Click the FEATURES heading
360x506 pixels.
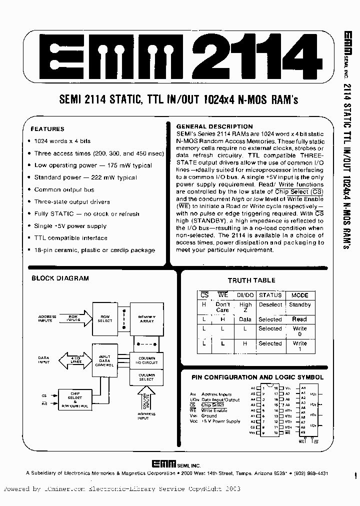pyautogui.click(x=47, y=128)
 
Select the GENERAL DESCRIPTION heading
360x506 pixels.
pyautogui.click(x=214, y=126)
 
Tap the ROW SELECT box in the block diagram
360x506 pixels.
pyautogui.click(x=105, y=318)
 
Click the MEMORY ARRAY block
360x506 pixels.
pyautogui.click(x=146, y=318)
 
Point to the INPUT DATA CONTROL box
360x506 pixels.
pyautogui.click(x=105, y=359)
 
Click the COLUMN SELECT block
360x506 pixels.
pyautogui.click(x=146, y=377)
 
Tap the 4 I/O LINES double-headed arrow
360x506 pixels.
pyautogui.click(x=75, y=358)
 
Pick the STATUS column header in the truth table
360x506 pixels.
pyautogui.click(x=270, y=295)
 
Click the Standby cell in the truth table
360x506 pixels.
pyautogui.click(x=300, y=304)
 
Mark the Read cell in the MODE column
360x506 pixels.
pyautogui.click(x=299, y=319)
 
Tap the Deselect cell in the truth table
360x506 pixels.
pyautogui.click(x=270, y=304)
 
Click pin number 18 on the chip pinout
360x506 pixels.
pyautogui.click(x=275, y=388)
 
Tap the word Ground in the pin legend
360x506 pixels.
pyautogui.click(x=209, y=415)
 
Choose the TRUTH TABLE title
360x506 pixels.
pyautogui.click(x=251, y=280)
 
